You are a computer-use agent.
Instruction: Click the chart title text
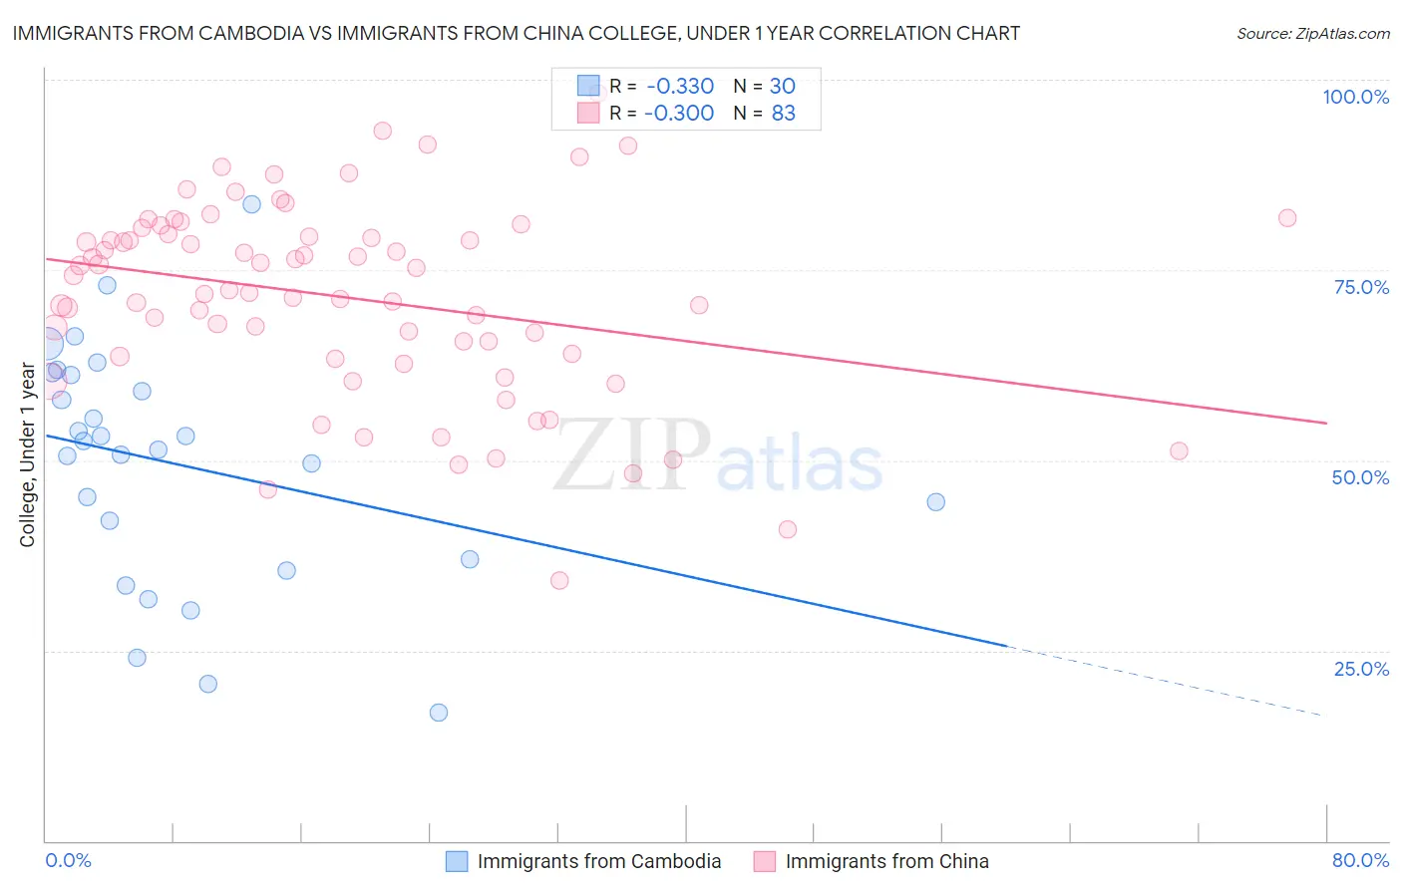(517, 33)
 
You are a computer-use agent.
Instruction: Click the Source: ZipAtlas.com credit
(1312, 33)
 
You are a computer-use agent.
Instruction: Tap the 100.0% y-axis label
(1355, 97)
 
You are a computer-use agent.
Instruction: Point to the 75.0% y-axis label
(1361, 287)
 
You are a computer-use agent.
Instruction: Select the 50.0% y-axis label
(1360, 477)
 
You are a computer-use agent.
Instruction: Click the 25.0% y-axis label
(1361, 668)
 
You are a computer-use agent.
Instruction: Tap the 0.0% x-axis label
(68, 860)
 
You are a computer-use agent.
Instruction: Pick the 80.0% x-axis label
(1360, 860)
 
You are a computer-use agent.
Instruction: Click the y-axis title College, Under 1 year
(28, 454)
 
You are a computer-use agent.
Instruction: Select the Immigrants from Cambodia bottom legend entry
(598, 861)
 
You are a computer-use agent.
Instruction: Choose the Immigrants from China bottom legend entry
(886, 861)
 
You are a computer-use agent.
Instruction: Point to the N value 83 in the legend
(783, 114)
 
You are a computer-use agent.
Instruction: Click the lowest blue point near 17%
(439, 713)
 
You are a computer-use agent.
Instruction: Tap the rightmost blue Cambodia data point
(935, 502)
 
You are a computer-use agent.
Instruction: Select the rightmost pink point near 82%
(1287, 218)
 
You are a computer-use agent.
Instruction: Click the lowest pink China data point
(559, 580)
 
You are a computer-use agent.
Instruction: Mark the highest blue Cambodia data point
(252, 204)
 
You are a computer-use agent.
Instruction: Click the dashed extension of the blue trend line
(1167, 682)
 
